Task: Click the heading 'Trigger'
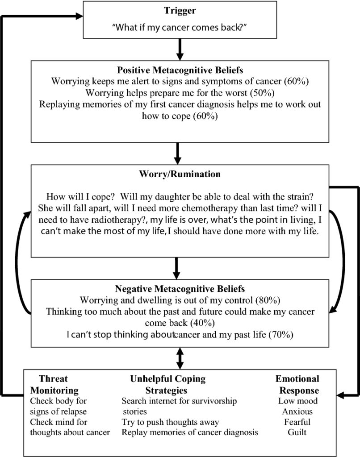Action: tap(180, 11)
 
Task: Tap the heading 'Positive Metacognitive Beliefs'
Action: tap(180, 70)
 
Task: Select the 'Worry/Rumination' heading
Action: tap(180, 174)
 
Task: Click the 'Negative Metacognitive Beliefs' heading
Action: tap(180, 289)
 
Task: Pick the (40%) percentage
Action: tap(202, 323)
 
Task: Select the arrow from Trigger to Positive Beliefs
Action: tap(180, 50)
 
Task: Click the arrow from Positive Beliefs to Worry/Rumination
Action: tap(177, 154)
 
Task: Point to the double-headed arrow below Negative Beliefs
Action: tap(180, 358)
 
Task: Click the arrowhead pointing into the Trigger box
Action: tap(80, 16)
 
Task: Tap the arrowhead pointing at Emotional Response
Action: tap(340, 395)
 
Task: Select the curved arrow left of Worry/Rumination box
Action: tap(17, 262)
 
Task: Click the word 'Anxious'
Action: tap(297, 411)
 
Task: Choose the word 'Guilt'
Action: tap(297, 432)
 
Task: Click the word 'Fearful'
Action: tap(297, 422)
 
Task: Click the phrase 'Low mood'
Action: tap(298, 401)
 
